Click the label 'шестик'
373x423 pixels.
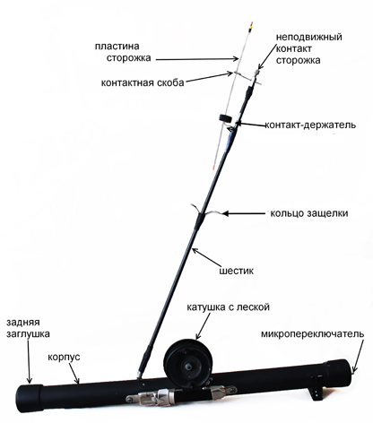[237, 271]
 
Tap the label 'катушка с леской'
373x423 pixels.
[228, 306]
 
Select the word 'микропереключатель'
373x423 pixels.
[313, 334]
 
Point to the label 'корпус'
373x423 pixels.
[64, 357]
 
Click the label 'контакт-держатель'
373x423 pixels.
[310, 125]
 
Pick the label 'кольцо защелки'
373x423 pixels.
[309, 213]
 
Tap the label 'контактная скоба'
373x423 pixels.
[143, 82]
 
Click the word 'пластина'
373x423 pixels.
[117, 47]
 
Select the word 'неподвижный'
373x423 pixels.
[309, 37]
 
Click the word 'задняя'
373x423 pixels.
[23, 323]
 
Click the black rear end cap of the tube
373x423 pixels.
[29, 397]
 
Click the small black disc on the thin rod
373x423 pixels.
[225, 118]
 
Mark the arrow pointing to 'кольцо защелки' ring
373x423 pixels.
[244, 213]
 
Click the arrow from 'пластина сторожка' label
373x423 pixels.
[197, 59]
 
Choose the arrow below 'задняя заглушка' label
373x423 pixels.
[29, 361]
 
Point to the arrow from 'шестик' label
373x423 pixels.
[207, 256]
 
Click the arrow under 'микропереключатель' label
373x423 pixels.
[358, 357]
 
